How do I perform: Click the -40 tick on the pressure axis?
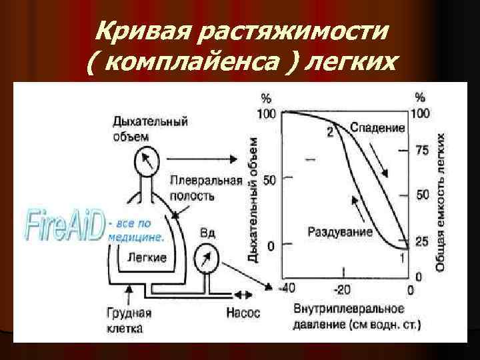point(285,289)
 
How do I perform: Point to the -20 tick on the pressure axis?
point(343,289)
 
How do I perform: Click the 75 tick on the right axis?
point(422,151)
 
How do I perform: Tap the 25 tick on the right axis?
point(422,243)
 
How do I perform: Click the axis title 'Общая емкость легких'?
point(441,201)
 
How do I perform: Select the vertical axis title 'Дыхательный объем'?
point(253,200)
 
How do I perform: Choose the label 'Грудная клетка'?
point(129,320)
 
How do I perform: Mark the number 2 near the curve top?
point(329,132)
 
